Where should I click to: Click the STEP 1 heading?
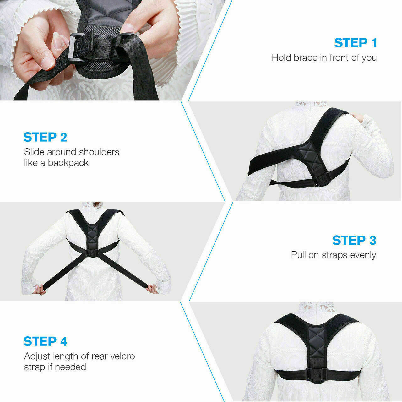click(x=355, y=43)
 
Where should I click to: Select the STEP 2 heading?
click(x=45, y=137)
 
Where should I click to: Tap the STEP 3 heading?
click(x=354, y=240)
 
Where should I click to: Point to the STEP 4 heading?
click(x=45, y=341)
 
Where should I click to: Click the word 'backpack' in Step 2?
click(x=68, y=163)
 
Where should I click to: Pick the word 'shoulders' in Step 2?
click(x=99, y=152)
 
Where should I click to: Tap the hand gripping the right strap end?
click(x=153, y=288)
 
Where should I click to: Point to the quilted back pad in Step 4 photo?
click(x=317, y=342)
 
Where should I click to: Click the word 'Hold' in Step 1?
click(x=281, y=58)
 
